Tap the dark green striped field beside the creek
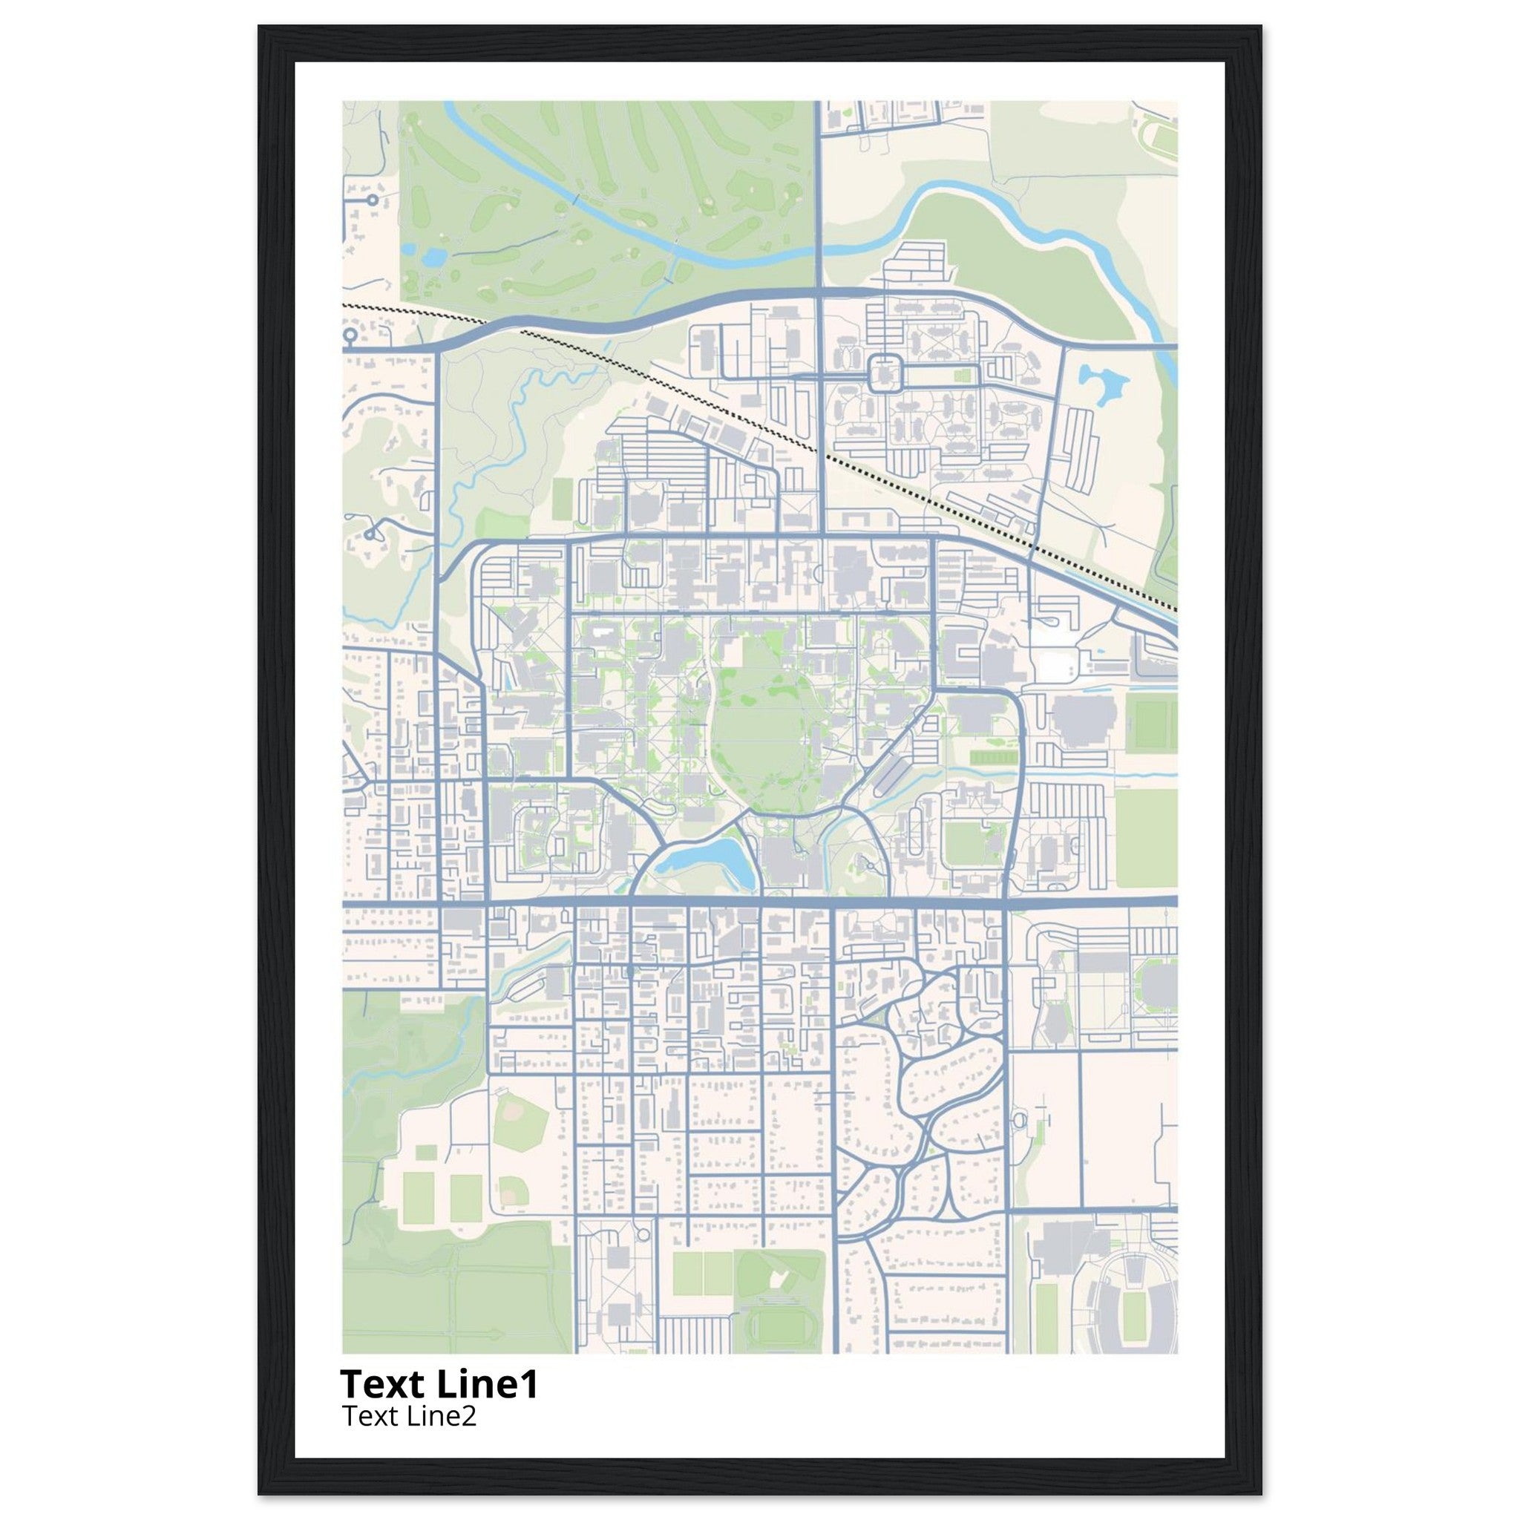click(991, 758)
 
